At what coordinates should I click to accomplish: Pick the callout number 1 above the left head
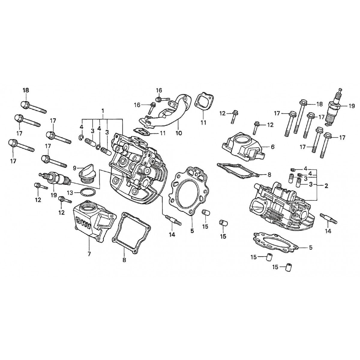103,111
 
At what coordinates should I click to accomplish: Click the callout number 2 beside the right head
326,186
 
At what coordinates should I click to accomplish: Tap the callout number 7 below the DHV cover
89,254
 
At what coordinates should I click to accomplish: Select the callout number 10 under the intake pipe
179,133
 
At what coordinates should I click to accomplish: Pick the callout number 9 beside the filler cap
74,167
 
